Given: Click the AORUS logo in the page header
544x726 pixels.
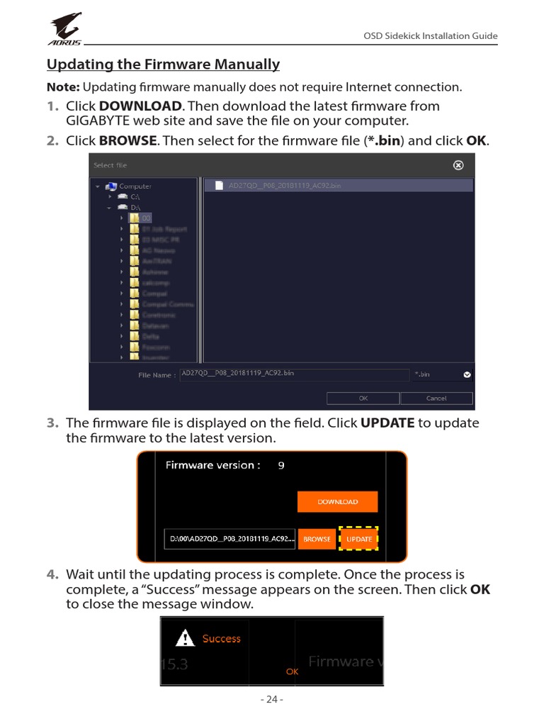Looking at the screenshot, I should tap(65, 28).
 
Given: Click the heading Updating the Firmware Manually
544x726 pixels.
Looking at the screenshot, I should tap(163, 65).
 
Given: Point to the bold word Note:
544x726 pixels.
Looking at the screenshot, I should tap(63, 87).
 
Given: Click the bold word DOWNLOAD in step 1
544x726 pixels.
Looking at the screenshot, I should tap(141, 106).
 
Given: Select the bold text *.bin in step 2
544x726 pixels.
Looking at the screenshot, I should tap(383, 140).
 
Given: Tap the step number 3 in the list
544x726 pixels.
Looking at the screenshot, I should tap(52, 423).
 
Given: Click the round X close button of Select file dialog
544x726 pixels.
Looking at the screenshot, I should tap(458, 165).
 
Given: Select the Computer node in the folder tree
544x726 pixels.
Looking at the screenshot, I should tap(135, 186).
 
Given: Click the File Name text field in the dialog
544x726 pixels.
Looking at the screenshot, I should tap(294, 374).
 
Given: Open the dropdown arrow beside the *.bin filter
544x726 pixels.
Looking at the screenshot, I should tap(467, 375).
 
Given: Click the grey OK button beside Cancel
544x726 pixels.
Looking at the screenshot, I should tap(363, 398).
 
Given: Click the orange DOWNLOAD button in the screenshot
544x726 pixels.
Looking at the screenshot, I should tap(337, 501).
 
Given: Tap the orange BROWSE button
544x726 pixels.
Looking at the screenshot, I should tap(317, 539).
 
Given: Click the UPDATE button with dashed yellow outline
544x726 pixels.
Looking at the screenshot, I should tap(359, 539).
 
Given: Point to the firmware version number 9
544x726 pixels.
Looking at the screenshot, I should tap(281, 466).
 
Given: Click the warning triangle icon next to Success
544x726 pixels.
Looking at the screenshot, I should tap(185, 639).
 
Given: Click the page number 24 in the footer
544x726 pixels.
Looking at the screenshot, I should tap(272, 699).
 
